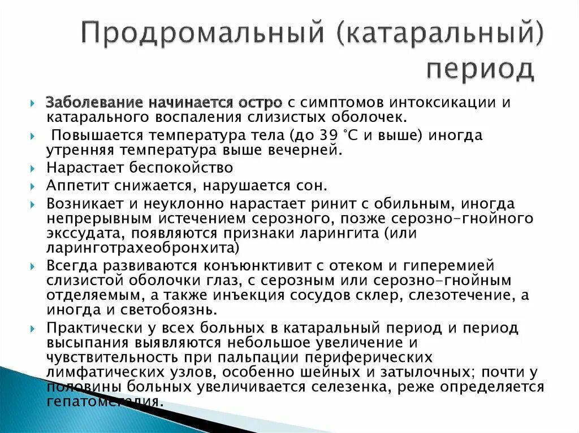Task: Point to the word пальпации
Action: pos(264,357)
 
